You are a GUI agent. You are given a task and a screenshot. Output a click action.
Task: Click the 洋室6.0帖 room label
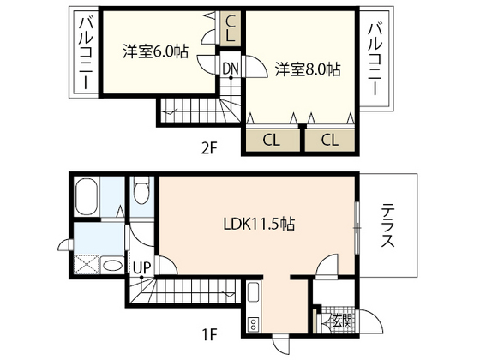click(154, 51)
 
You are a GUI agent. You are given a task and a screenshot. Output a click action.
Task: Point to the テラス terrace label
click(387, 226)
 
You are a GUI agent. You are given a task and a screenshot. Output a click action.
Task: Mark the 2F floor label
click(211, 147)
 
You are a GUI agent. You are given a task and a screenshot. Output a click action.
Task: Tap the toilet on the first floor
click(142, 190)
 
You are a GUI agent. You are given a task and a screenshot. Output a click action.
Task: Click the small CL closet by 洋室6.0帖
click(231, 30)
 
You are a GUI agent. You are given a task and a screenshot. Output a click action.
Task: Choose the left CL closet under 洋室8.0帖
click(270, 140)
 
